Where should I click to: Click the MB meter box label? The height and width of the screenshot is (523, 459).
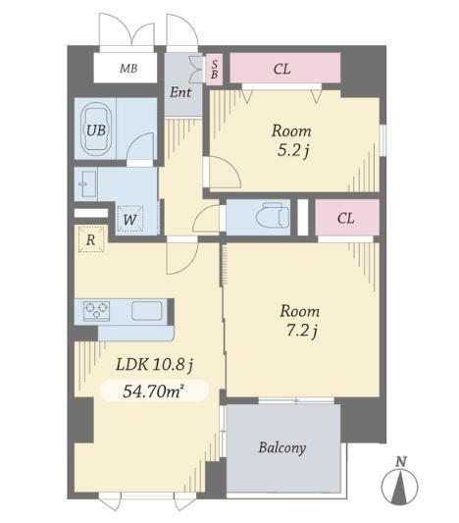pos(128,69)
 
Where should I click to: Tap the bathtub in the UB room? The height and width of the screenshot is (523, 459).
pos(96,130)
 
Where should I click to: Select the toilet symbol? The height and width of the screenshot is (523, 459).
pos(273,216)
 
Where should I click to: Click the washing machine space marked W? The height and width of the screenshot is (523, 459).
pos(129,219)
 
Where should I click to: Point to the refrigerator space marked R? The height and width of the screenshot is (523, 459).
pos(91,239)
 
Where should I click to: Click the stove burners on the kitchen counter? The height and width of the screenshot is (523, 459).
pos(97,311)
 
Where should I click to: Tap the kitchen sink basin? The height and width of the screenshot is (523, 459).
pos(147,310)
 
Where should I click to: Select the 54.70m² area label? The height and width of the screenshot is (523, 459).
pos(154,391)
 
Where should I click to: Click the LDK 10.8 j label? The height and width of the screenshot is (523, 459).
pos(155,365)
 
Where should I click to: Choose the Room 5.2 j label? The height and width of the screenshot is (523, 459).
pos(291,140)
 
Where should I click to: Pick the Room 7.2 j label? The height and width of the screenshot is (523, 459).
pos(300,321)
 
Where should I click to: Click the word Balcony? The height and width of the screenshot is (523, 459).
pos(282,447)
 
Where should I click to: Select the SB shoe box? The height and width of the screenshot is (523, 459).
pos(215,69)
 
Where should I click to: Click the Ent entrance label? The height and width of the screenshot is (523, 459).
pos(180,92)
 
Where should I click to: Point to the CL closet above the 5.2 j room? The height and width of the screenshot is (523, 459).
pos(285,68)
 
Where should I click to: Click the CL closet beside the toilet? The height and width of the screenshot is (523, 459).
pos(347,218)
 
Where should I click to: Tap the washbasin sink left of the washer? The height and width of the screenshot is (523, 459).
pos(87,184)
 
